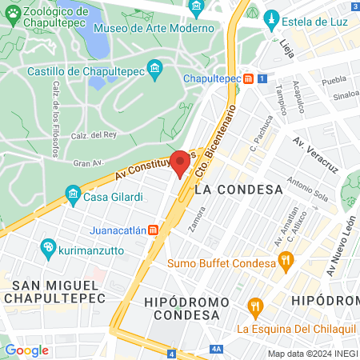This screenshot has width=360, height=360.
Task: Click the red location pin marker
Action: (x=181, y=162)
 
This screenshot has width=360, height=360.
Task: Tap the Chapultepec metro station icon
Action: (x=250, y=78)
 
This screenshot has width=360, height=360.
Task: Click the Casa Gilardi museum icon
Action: (x=73, y=194)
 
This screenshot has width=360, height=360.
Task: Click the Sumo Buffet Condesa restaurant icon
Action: (x=284, y=259)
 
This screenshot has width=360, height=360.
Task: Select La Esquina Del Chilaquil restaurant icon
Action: (x=255, y=306)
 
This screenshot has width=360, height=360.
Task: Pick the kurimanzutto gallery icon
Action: (x=48, y=249)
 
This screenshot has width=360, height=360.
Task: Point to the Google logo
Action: (x=27, y=350)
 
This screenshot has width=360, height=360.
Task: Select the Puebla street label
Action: (x=333, y=82)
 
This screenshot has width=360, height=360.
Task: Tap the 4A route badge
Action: (x=216, y=350)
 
